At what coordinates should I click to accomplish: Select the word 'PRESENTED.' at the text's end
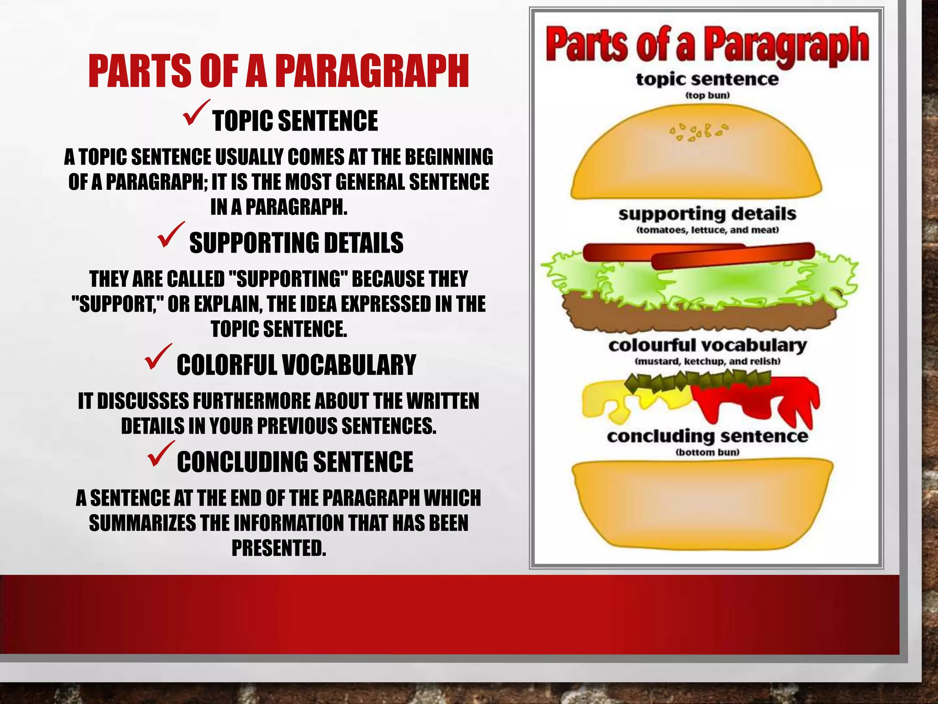coord(278,548)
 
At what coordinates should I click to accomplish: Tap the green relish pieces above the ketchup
coord(696,379)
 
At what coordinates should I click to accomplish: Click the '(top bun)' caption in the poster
coord(707,95)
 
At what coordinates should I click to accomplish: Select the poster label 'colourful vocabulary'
coord(707,345)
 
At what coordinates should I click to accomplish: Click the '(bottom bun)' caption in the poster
coord(708,452)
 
